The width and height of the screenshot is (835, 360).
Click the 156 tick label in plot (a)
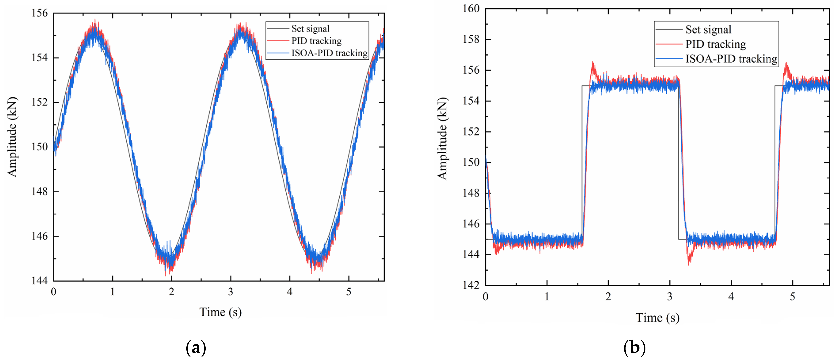pos(39,13)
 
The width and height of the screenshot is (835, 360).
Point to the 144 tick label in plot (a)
pos(39,281)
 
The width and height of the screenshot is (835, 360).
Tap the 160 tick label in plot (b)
pos(471,9)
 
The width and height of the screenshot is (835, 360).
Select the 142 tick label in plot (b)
pos(471,285)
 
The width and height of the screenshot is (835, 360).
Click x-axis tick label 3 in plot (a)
pos(230,292)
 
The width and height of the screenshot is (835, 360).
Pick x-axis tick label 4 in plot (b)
pos(731,296)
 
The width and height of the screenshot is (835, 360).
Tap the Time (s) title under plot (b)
pos(657,318)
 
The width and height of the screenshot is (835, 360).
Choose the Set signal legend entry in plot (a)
pos(310,29)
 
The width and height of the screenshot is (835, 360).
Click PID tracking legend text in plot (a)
pos(316,41)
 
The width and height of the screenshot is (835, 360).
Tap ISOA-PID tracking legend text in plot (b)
pos(731,59)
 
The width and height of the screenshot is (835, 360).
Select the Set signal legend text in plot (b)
pos(708,30)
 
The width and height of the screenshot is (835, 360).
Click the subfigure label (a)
pos(196,348)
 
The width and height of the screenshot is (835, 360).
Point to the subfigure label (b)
pos(634,348)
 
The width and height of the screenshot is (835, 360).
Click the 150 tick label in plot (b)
pos(471,162)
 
